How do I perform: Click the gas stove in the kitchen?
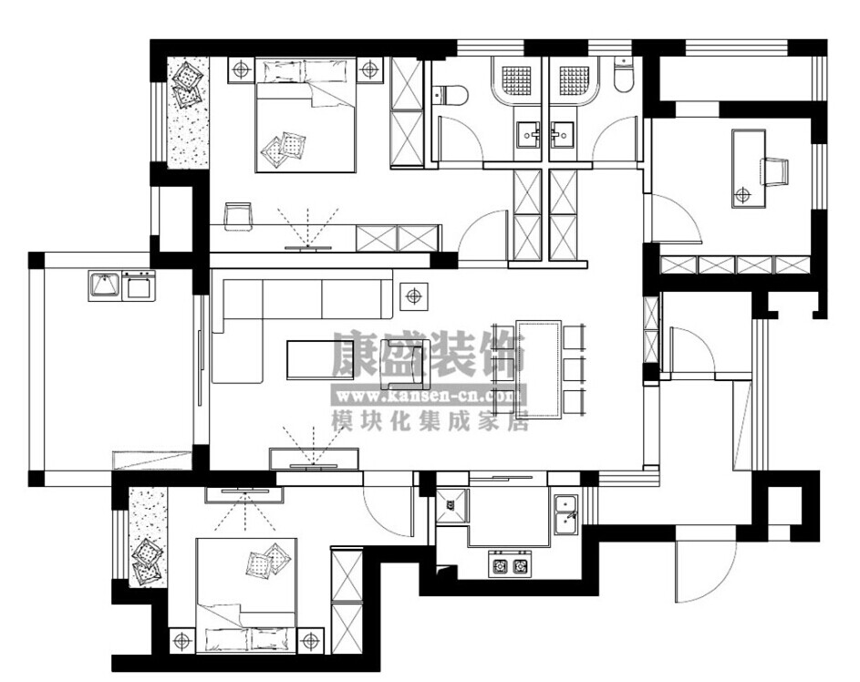[x=510, y=564]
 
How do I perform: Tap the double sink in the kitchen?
[x=565, y=514]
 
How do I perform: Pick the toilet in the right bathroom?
[x=623, y=75]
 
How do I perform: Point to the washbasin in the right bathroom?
[x=563, y=135]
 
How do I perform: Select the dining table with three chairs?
[x=539, y=369]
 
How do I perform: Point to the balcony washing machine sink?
[x=104, y=285]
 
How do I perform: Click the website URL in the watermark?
[x=429, y=395]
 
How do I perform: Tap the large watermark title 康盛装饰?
[x=429, y=354]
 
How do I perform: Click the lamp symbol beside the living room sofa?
[x=413, y=297]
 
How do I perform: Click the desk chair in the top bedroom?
[x=237, y=214]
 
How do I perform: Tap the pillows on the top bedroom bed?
[x=283, y=148]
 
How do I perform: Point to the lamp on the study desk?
[x=743, y=194]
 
